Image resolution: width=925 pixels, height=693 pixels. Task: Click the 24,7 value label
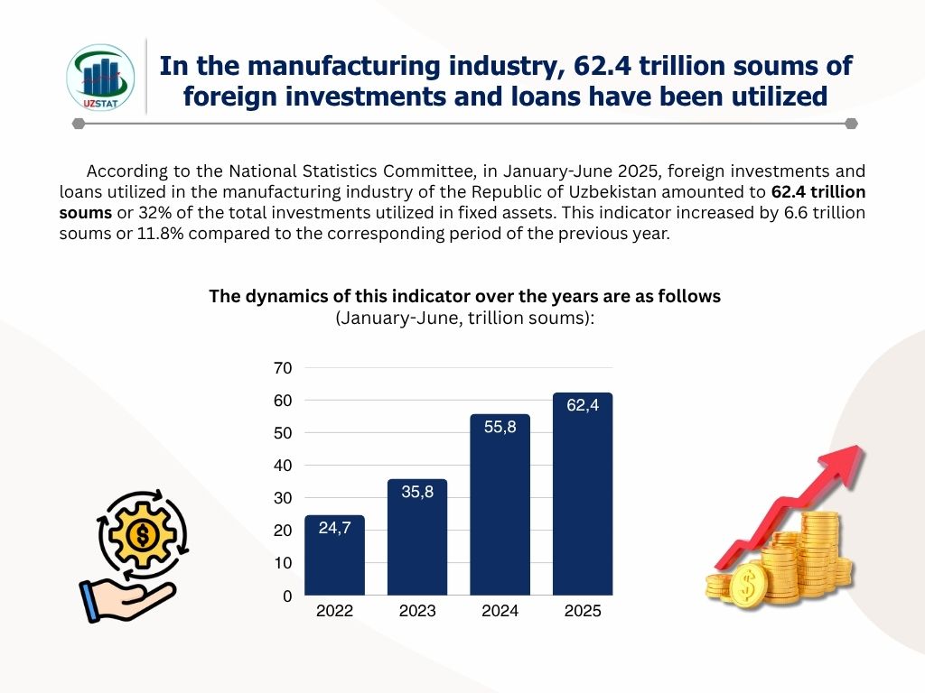coord(334,528)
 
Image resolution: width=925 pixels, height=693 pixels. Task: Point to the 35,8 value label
coord(417,493)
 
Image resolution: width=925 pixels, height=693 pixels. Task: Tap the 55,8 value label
coord(500,427)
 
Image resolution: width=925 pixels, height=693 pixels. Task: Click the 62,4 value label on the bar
coord(583,406)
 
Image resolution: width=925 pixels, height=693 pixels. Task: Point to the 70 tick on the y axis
coord(283,368)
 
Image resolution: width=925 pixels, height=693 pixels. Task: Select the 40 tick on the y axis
coord(283,466)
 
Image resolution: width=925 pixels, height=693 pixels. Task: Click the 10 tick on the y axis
coord(283,563)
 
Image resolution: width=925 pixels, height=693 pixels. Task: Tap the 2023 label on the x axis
coord(417,612)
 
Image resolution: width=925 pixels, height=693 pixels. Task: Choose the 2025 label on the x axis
coord(583,612)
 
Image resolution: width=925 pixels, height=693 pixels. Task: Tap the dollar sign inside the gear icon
coord(142,536)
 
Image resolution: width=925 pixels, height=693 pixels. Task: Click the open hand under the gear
coord(126,599)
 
